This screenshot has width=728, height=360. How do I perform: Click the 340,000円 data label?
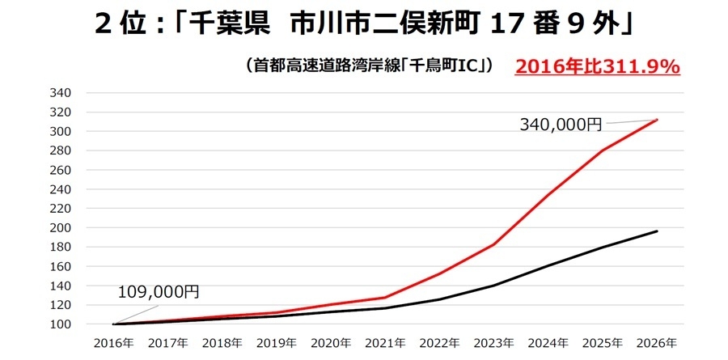(x=561, y=124)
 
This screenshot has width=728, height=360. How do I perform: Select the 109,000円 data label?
(x=159, y=292)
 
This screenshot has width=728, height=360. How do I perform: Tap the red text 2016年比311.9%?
(x=597, y=67)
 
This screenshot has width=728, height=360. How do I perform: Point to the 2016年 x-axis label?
(x=114, y=343)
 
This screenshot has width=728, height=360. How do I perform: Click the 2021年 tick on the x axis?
(x=385, y=343)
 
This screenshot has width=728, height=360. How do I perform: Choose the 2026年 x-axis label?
(x=657, y=343)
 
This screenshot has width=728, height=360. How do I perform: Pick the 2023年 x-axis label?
(x=494, y=343)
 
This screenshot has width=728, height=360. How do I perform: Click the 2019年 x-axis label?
(x=277, y=343)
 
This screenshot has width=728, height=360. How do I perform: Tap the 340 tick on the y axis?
(x=61, y=93)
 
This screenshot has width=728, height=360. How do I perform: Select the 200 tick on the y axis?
(x=61, y=228)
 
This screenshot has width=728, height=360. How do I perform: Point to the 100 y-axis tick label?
(x=61, y=324)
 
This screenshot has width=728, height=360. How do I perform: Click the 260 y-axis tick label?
(x=61, y=170)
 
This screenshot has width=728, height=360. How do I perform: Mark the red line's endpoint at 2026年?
(x=657, y=120)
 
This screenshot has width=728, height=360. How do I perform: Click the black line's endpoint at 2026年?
(x=657, y=231)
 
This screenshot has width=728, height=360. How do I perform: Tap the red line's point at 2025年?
(x=603, y=150)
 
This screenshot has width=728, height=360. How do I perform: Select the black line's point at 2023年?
(x=494, y=286)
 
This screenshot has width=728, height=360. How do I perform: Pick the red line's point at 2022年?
(x=440, y=273)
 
